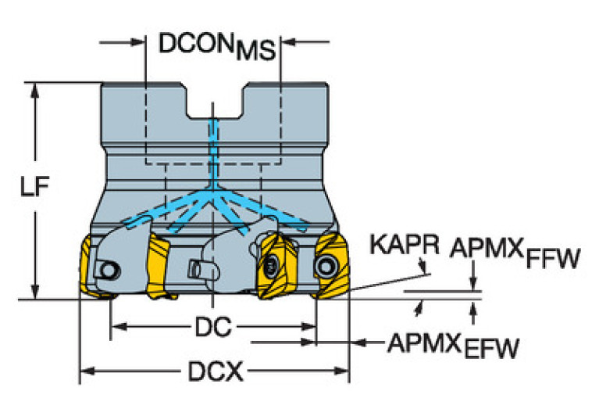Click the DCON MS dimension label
tap(217, 45)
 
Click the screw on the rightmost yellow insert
tap(324, 267)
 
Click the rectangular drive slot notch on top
tap(213, 105)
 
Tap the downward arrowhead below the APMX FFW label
tap(472, 285)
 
